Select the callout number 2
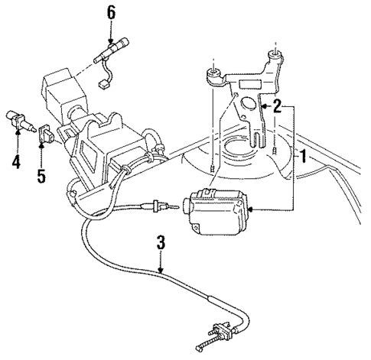pyautogui.click(x=276, y=107)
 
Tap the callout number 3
pyautogui.click(x=160, y=244)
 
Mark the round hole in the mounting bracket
pyautogui.click(x=247, y=108)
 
